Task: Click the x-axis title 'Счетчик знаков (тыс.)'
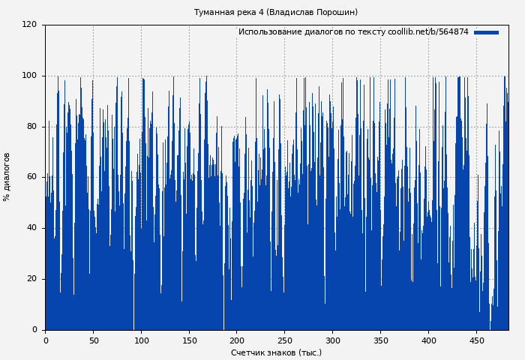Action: point(276,352)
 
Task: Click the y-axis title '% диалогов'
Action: point(7,177)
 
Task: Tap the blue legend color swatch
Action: point(486,32)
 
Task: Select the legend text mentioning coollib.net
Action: point(353,32)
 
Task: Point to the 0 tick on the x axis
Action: point(46,340)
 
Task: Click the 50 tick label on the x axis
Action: point(93,340)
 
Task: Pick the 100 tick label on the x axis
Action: point(141,340)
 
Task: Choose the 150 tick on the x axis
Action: point(189,340)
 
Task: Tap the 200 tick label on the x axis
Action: point(237,340)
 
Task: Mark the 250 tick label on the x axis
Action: point(284,340)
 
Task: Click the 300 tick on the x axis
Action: point(332,340)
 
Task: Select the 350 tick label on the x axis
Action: point(380,340)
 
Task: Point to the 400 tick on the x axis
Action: point(428,340)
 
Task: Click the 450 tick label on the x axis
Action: point(476,340)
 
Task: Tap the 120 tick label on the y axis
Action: point(29,25)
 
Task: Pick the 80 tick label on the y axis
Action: point(31,126)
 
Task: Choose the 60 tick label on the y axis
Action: point(31,177)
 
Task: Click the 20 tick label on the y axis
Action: point(31,279)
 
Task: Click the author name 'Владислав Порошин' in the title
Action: point(312,12)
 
